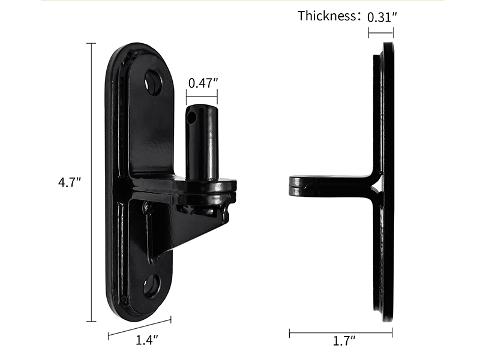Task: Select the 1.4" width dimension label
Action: (x=146, y=340)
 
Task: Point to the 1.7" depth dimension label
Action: (x=344, y=341)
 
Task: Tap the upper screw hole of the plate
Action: (x=153, y=83)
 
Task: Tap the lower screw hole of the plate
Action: (x=152, y=285)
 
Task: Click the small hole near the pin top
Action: (x=191, y=118)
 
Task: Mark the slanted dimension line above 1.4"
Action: (x=139, y=326)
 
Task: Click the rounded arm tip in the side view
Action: (x=295, y=185)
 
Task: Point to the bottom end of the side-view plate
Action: (x=386, y=318)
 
